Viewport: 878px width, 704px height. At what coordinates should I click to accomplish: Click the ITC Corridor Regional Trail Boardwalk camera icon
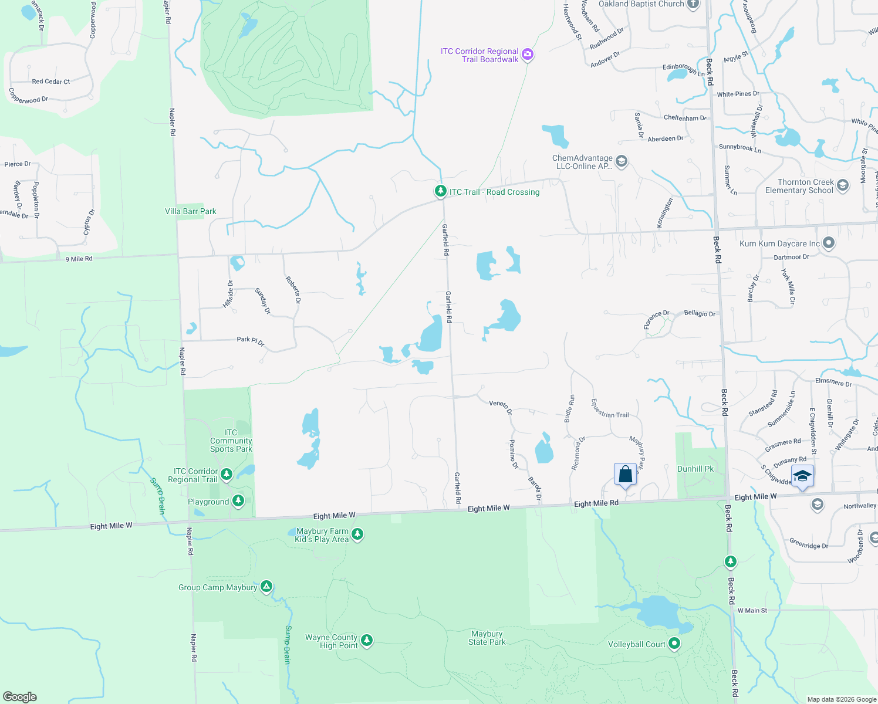point(527,55)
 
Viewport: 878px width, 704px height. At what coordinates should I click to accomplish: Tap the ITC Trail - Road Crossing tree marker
point(440,191)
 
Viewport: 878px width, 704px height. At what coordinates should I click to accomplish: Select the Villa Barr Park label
point(191,211)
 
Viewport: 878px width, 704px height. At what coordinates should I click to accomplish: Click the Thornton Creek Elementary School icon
point(843,186)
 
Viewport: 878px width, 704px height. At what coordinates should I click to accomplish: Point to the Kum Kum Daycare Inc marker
point(829,243)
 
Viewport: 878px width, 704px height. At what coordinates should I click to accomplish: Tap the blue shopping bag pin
point(625,475)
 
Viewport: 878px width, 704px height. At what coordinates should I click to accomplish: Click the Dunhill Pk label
point(695,469)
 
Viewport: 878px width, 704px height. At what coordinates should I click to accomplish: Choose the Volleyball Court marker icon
point(674,644)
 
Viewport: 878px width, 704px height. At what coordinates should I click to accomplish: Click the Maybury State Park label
point(487,638)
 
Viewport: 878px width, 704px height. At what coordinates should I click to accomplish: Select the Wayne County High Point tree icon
point(367,640)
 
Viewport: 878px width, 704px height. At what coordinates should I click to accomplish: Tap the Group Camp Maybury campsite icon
point(266,587)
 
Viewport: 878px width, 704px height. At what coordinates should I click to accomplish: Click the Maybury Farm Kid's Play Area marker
point(357,534)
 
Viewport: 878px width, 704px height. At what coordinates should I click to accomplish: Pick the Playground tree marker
point(238,501)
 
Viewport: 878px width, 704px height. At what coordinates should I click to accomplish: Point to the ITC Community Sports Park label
point(231,441)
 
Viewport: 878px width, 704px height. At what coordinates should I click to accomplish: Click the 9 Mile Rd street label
point(79,259)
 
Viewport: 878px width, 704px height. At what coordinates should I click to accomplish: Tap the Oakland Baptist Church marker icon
point(693,4)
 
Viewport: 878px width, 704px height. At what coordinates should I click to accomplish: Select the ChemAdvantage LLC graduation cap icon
point(622,161)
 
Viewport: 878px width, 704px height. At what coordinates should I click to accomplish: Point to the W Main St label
point(752,611)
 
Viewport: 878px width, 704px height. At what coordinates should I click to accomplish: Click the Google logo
point(20,697)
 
